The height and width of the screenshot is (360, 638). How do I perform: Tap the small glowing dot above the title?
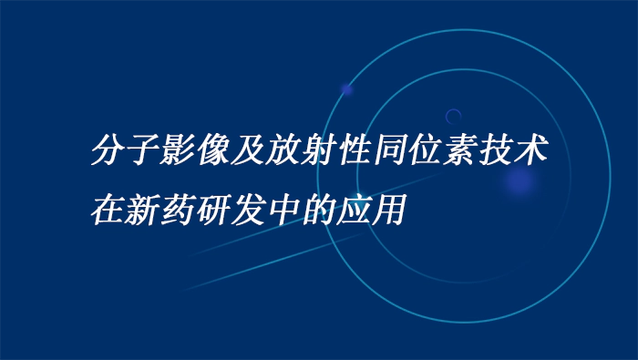[x=346, y=89]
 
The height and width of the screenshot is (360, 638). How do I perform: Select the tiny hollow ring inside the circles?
[x=453, y=116]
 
